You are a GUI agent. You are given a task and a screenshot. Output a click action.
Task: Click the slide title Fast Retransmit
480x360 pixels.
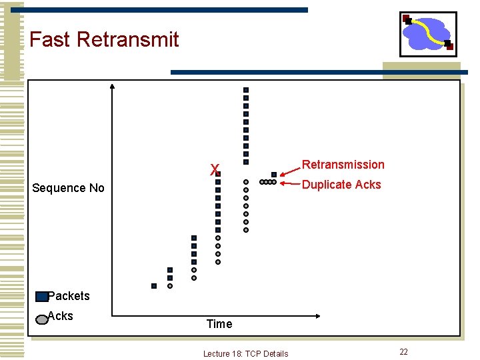[104, 39]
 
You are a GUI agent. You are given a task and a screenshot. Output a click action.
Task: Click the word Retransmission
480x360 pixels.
[343, 165]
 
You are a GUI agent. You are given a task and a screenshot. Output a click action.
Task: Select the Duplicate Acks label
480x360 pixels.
[341, 185]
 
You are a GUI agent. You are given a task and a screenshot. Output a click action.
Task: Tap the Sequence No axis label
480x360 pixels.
[68, 188]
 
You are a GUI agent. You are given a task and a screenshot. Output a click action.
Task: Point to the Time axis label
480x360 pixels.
[219, 324]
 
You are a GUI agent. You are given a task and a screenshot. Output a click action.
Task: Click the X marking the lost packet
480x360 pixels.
[214, 170]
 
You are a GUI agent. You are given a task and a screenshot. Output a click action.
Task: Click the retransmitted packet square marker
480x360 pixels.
[273, 175]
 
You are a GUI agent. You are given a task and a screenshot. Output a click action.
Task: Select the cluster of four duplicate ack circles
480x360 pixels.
[267, 182]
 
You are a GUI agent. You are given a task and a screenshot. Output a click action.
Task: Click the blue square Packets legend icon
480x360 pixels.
[42, 297]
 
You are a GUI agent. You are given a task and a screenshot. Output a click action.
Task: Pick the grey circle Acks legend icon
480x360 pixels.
[41, 318]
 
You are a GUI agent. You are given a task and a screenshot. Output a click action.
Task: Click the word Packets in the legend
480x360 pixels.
[69, 295]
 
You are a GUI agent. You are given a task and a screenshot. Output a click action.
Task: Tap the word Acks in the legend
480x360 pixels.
[61, 316]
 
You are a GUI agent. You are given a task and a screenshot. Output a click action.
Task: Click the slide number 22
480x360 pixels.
[403, 351]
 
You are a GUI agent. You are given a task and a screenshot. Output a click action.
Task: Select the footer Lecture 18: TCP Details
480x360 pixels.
[245, 353]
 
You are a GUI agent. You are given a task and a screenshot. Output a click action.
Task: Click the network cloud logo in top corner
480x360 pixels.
[427, 33]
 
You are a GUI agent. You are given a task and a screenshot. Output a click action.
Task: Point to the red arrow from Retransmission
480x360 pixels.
[288, 171]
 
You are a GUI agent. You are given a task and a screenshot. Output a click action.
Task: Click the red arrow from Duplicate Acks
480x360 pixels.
[290, 183]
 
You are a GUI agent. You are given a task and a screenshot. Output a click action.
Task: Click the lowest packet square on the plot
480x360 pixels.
[154, 285]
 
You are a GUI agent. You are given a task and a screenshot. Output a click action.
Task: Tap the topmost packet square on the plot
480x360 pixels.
[245, 89]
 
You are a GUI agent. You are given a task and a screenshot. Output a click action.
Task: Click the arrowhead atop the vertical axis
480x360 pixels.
[112, 86]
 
